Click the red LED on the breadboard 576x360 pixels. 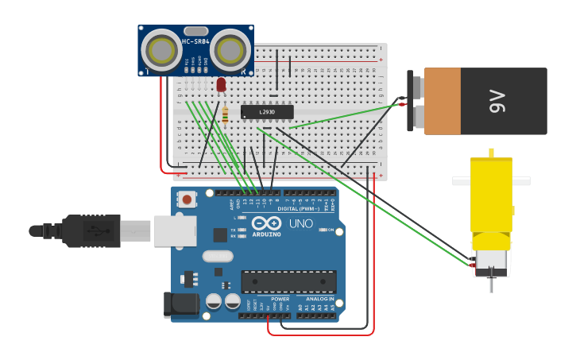[221, 84]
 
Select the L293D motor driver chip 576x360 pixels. [267, 112]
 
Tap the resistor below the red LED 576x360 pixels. [225, 115]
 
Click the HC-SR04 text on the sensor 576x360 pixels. [195, 41]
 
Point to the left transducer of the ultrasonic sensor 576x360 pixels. [162, 52]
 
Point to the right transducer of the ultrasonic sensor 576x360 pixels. [230, 52]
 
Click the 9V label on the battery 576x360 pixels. [497, 101]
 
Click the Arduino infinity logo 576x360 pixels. [266, 223]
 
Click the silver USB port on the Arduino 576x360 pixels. [175, 230]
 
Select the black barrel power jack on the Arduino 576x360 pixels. [181, 305]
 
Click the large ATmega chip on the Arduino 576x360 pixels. [288, 281]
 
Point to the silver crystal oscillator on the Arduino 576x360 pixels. [217, 256]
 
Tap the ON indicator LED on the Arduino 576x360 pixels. [322, 230]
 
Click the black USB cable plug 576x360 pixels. [91, 230]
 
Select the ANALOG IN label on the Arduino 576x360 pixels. [321, 299]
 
